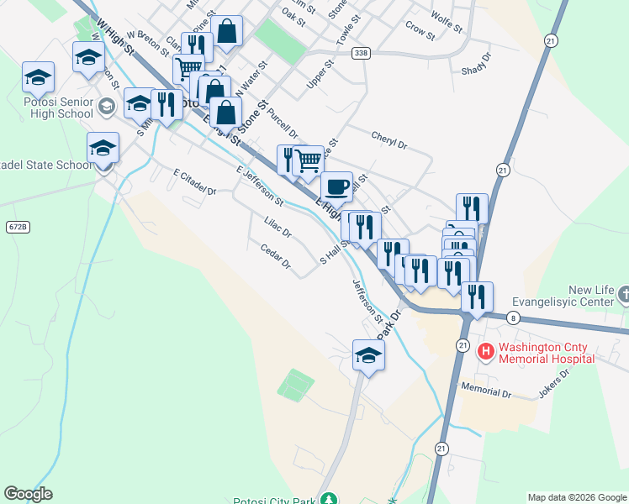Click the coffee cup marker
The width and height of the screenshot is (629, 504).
336,186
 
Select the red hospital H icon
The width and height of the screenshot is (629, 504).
485,350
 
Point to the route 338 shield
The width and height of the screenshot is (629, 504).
362,53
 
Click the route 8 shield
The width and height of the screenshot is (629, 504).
513,318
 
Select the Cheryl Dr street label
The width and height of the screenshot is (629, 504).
388,139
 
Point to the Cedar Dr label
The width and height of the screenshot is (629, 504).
275,257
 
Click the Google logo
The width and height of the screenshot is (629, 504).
28,494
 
